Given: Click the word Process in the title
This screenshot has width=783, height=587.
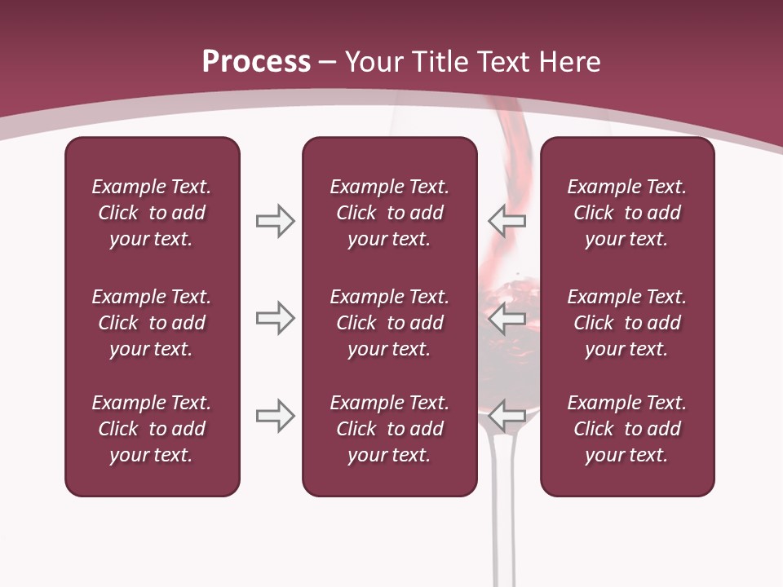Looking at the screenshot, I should point(256,62).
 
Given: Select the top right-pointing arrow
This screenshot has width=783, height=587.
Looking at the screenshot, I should point(275,221).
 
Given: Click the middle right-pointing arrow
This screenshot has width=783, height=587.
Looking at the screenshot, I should point(275,318).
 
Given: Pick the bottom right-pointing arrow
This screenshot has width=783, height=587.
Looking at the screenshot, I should point(275,416).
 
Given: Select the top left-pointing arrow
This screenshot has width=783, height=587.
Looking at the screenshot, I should point(507,221).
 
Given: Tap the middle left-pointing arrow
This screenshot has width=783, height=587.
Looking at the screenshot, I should point(507,318).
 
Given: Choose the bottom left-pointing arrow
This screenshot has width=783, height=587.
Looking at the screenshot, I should point(507,416).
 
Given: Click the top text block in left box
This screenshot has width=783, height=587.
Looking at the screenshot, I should point(152,213).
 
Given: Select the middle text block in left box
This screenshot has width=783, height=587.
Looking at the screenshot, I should point(152,323).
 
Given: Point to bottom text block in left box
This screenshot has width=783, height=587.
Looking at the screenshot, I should point(152,429).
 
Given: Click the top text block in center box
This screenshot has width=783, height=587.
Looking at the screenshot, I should point(389,213).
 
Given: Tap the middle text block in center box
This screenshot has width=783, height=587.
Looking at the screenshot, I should point(389,323).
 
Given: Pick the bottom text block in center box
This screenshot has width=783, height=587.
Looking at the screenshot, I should point(389,429).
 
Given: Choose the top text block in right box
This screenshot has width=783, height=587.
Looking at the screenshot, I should point(627,213).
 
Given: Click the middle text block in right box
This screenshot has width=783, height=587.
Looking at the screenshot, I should point(627,323).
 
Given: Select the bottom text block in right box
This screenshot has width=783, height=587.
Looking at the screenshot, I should point(627,429).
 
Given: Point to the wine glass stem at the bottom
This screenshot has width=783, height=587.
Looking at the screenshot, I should point(503,538).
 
